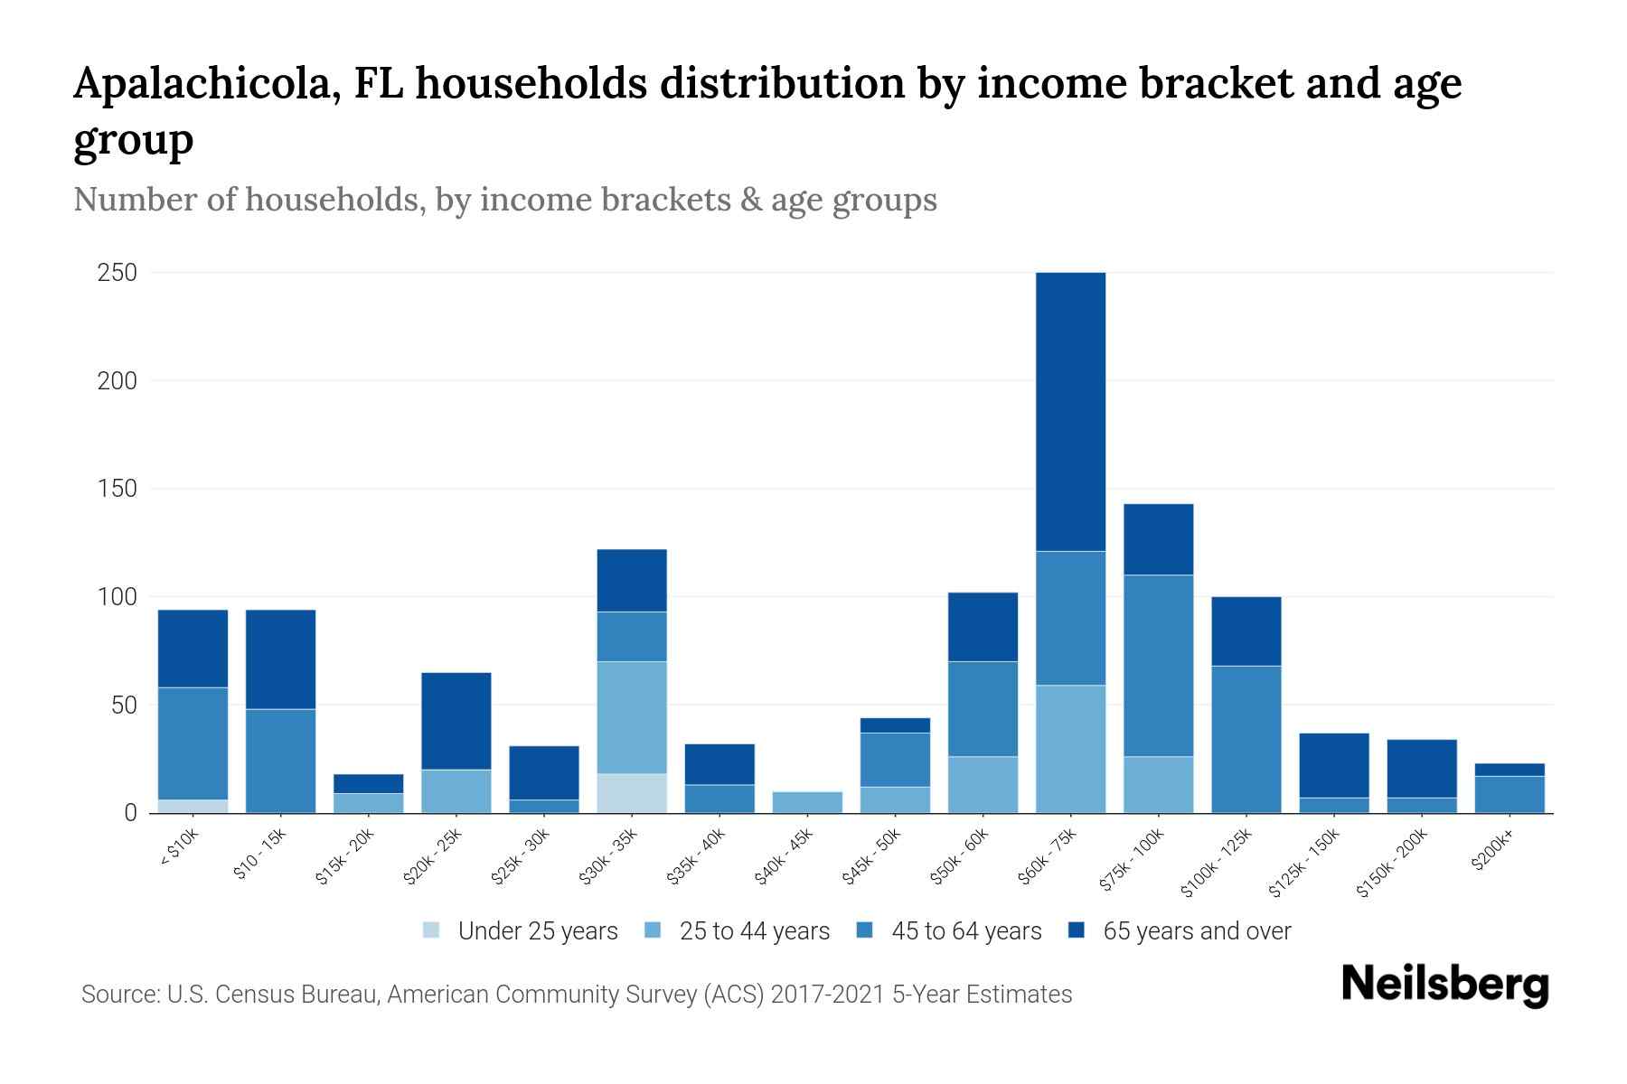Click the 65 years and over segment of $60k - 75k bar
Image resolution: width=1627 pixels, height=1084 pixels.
tap(1070, 411)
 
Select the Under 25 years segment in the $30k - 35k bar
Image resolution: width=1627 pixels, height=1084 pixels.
tap(632, 793)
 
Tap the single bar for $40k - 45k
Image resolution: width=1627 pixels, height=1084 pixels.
tap(807, 802)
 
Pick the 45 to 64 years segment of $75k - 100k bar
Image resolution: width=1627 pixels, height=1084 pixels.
tap(1158, 665)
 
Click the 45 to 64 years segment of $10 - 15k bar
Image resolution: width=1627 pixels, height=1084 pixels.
tap(280, 761)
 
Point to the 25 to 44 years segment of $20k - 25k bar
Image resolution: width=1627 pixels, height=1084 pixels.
tap(456, 790)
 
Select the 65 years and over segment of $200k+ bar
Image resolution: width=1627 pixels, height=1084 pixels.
tap(1509, 770)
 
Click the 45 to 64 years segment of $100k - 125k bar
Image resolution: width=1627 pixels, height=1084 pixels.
tap(1246, 739)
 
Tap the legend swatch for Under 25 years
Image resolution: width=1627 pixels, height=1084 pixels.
tap(431, 930)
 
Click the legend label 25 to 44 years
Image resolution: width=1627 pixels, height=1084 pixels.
tap(754, 930)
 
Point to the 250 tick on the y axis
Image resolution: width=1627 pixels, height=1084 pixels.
tap(117, 272)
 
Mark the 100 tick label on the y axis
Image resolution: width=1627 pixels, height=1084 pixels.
tap(117, 597)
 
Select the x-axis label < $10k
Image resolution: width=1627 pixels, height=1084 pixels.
tap(179, 849)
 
